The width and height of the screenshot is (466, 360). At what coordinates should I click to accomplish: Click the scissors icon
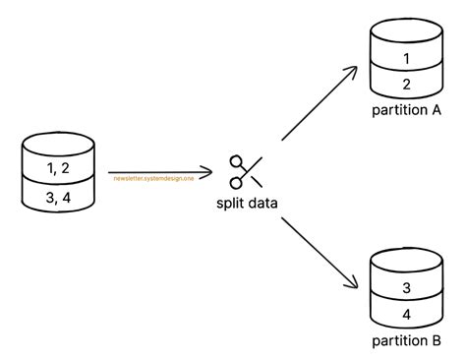pos(244,171)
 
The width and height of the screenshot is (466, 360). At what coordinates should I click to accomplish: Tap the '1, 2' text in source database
pos(59,169)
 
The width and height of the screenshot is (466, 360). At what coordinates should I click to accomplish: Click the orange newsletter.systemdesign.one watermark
pos(153,178)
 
